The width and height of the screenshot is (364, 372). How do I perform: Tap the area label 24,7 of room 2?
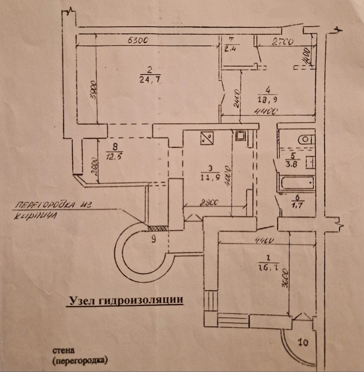tap(150, 80)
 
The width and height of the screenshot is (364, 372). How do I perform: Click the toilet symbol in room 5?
tap(306, 140)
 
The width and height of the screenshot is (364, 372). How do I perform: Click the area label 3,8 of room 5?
tap(292, 164)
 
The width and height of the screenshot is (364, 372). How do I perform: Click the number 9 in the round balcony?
tap(153, 239)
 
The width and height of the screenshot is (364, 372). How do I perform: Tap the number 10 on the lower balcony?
tap(304, 342)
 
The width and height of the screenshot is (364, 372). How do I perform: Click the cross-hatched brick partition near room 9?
tap(158, 228)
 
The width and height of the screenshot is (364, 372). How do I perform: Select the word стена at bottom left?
tap(63, 350)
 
